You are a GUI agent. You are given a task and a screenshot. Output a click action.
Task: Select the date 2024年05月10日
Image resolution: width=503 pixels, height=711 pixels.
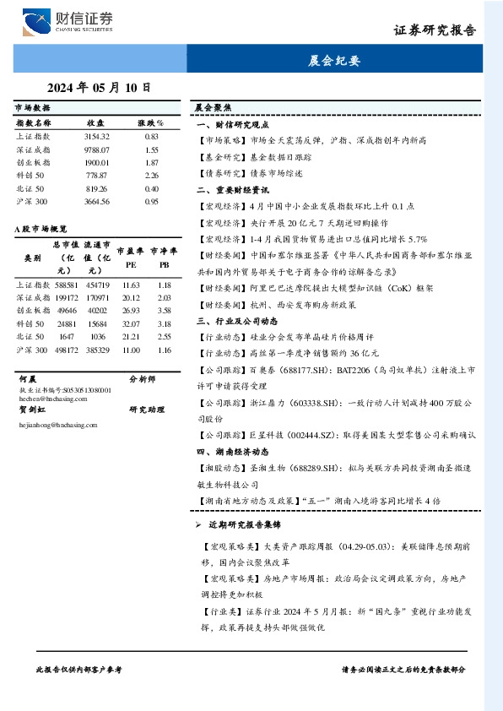[99, 86]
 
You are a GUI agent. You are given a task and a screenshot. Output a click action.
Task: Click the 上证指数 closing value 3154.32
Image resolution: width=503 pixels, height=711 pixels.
[97, 136]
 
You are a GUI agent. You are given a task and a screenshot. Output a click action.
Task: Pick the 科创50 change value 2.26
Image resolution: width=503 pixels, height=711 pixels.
[152, 175]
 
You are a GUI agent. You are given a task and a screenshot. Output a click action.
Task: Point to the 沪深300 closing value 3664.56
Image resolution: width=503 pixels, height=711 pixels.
[97, 202]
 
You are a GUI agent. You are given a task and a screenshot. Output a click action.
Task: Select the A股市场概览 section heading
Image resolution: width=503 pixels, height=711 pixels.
[41, 228]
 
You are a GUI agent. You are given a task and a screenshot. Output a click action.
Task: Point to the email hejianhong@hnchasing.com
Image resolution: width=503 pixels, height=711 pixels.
[52, 425]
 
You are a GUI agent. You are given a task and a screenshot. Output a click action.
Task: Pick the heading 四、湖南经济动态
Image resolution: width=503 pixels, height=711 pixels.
[231, 451]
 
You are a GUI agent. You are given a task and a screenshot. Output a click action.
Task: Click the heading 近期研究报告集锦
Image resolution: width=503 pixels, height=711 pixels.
[252, 525]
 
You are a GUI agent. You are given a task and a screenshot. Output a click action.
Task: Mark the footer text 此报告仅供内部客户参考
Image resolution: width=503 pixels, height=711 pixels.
[79, 669]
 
